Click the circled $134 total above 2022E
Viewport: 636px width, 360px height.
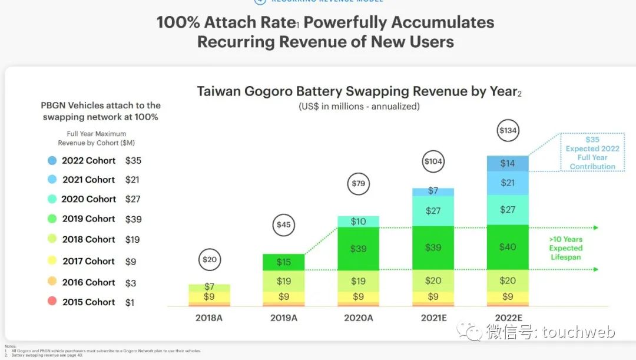point(508,131)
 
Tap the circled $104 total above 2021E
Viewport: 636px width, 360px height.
point(433,161)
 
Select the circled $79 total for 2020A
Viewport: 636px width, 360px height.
point(359,184)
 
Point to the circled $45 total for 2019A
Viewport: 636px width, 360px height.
point(284,224)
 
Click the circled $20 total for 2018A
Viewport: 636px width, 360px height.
point(209,259)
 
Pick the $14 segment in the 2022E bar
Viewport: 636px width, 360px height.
point(508,163)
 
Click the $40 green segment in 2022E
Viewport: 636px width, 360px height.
point(508,247)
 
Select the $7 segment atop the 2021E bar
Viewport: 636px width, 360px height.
point(433,191)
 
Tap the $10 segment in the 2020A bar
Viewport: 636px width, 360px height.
point(359,222)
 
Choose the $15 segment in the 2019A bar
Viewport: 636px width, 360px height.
point(284,262)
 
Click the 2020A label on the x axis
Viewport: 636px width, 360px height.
point(359,318)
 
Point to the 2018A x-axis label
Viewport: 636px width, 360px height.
point(209,318)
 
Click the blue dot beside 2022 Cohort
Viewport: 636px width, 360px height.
point(52,160)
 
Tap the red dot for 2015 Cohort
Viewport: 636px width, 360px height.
point(52,302)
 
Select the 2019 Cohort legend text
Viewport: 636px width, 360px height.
point(89,219)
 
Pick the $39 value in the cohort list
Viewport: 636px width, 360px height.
point(134,219)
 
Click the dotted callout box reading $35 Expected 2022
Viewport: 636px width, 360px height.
point(592,153)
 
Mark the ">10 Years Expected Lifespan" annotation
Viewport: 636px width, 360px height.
point(565,248)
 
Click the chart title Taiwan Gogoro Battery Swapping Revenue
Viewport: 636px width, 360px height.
point(359,92)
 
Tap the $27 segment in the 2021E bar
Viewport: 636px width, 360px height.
point(433,210)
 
